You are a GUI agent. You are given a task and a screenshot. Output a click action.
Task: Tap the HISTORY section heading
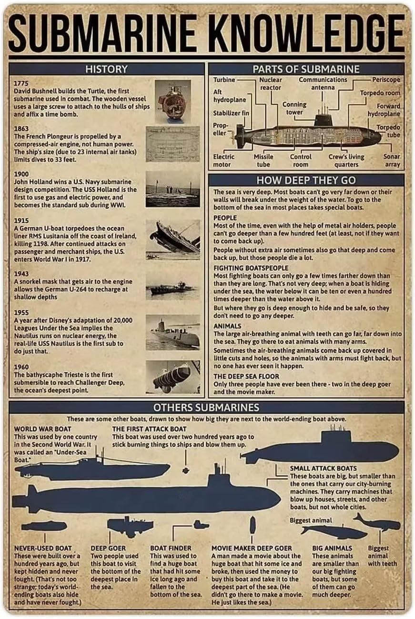(x=106, y=69)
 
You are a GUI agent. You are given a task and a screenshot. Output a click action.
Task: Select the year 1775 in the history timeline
(x=21, y=83)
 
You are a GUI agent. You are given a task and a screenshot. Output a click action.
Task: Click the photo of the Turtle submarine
(x=172, y=101)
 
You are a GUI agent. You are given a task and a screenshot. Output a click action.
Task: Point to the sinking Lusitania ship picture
(x=172, y=239)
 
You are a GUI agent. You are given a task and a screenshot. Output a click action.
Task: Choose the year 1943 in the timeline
(x=21, y=274)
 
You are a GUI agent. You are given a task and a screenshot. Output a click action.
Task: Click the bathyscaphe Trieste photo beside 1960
(x=172, y=377)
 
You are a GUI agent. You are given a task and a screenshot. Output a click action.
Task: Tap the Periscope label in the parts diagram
(x=386, y=80)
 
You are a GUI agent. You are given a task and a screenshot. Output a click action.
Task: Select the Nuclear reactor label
(x=270, y=84)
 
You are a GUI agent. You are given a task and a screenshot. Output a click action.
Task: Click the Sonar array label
(x=392, y=160)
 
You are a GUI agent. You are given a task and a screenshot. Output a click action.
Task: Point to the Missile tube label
(x=263, y=160)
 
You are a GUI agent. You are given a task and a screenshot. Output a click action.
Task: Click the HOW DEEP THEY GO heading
(x=306, y=180)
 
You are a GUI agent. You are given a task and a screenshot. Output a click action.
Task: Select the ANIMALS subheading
(x=227, y=326)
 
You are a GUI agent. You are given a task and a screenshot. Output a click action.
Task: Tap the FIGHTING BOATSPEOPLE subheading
(x=251, y=268)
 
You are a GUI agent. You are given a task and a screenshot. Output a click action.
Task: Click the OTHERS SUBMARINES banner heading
(x=206, y=407)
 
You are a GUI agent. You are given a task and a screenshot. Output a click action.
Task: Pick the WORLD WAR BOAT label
(x=42, y=429)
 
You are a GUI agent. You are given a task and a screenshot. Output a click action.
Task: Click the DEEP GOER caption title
(x=108, y=548)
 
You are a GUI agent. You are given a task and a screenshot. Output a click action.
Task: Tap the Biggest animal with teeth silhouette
(x=376, y=524)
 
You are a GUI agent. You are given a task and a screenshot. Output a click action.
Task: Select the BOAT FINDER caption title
(x=171, y=548)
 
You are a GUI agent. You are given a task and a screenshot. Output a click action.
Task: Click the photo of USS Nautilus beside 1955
(x=172, y=332)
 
